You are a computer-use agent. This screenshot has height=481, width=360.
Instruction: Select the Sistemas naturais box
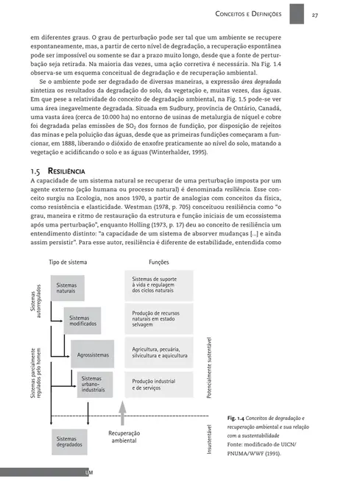(x=68, y=289)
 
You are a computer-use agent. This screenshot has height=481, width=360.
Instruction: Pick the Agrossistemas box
(x=93, y=355)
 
